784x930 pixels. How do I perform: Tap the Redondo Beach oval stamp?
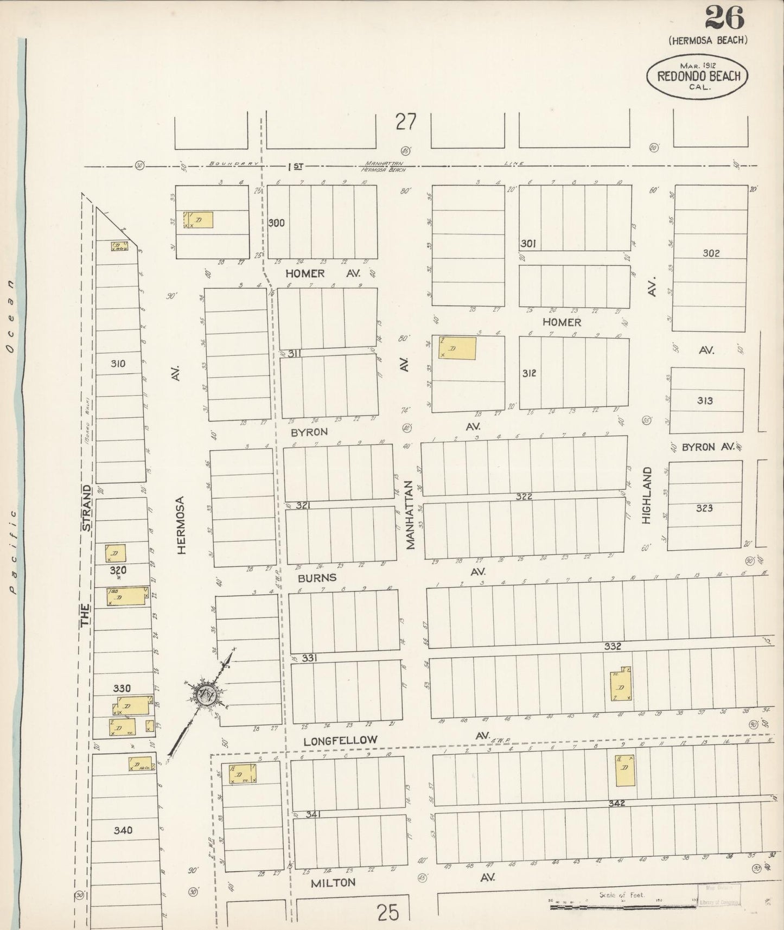(698, 76)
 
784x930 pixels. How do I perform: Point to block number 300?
(276, 222)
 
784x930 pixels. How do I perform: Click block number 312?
(529, 373)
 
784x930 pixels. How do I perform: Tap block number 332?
(613, 646)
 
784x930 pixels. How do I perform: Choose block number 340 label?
(123, 830)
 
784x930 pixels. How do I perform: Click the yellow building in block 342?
(624, 770)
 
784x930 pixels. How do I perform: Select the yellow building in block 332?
(621, 684)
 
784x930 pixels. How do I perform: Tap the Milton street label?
(333, 883)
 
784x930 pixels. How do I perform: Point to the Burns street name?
(317, 578)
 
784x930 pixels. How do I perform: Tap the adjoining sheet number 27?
(405, 122)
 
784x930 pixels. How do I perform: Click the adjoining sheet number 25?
(388, 913)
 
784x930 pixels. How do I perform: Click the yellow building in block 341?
(242, 773)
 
